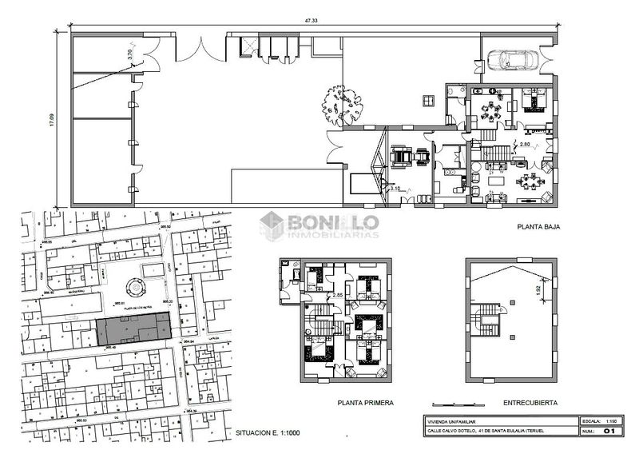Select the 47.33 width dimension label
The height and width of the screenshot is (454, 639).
311,21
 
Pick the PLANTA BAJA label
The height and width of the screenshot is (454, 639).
538,227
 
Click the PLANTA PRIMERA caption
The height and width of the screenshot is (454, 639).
366,403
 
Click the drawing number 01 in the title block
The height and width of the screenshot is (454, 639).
609,432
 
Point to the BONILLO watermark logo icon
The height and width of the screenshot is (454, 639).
273,225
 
